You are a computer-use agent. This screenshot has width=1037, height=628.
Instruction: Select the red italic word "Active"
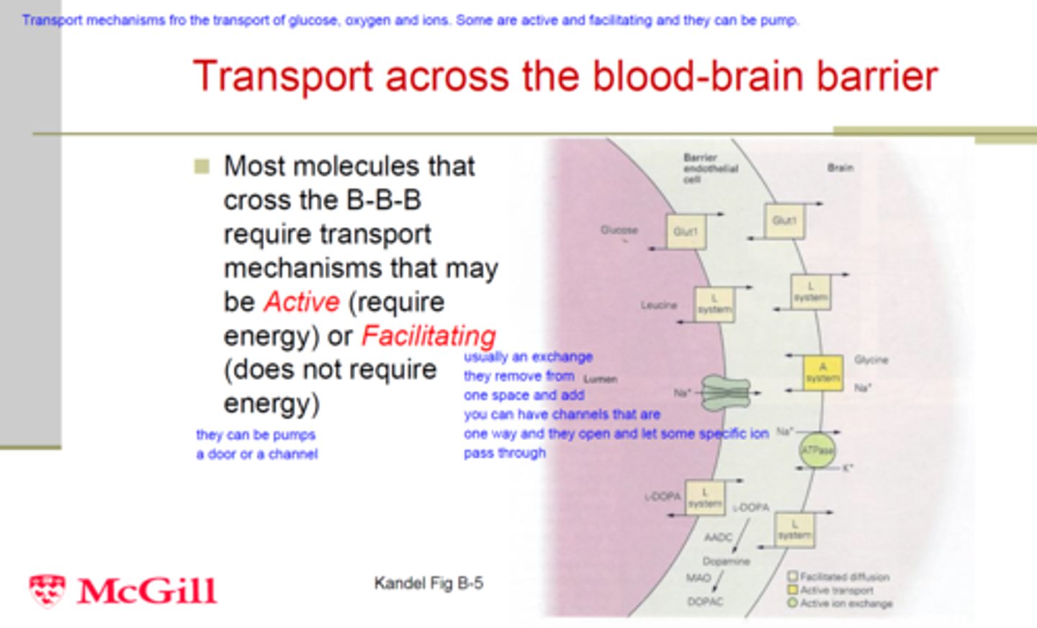pyautogui.click(x=301, y=302)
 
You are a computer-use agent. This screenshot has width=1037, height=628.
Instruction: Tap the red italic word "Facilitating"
pyautogui.click(x=428, y=336)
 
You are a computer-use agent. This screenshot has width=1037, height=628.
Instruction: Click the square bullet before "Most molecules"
pyautogui.click(x=202, y=167)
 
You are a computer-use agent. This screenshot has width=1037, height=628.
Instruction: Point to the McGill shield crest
pyautogui.click(x=47, y=591)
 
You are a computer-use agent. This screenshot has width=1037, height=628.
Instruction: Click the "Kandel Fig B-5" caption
pyautogui.click(x=428, y=583)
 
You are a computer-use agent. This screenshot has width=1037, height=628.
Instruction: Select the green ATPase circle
pyautogui.click(x=817, y=451)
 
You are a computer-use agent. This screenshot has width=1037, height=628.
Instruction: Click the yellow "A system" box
pyautogui.click(x=822, y=372)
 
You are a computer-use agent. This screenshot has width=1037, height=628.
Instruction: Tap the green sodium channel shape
pyautogui.click(x=725, y=393)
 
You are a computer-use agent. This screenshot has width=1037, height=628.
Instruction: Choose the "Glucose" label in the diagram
pyautogui.click(x=619, y=230)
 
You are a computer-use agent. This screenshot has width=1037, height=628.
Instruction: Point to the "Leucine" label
pyautogui.click(x=658, y=305)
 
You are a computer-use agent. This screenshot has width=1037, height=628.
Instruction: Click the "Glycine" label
pyautogui.click(x=871, y=359)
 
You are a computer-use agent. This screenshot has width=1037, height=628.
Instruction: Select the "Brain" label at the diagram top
pyautogui.click(x=840, y=168)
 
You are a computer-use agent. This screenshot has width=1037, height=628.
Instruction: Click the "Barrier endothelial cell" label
pyautogui.click(x=710, y=168)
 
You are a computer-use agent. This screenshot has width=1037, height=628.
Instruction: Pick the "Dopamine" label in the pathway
pyautogui.click(x=726, y=561)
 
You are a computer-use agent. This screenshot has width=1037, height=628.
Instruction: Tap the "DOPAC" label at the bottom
pyautogui.click(x=704, y=601)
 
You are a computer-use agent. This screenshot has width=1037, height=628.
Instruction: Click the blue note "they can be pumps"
pyautogui.click(x=256, y=435)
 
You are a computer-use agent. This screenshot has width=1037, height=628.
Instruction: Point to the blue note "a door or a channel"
pyautogui.click(x=256, y=454)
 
